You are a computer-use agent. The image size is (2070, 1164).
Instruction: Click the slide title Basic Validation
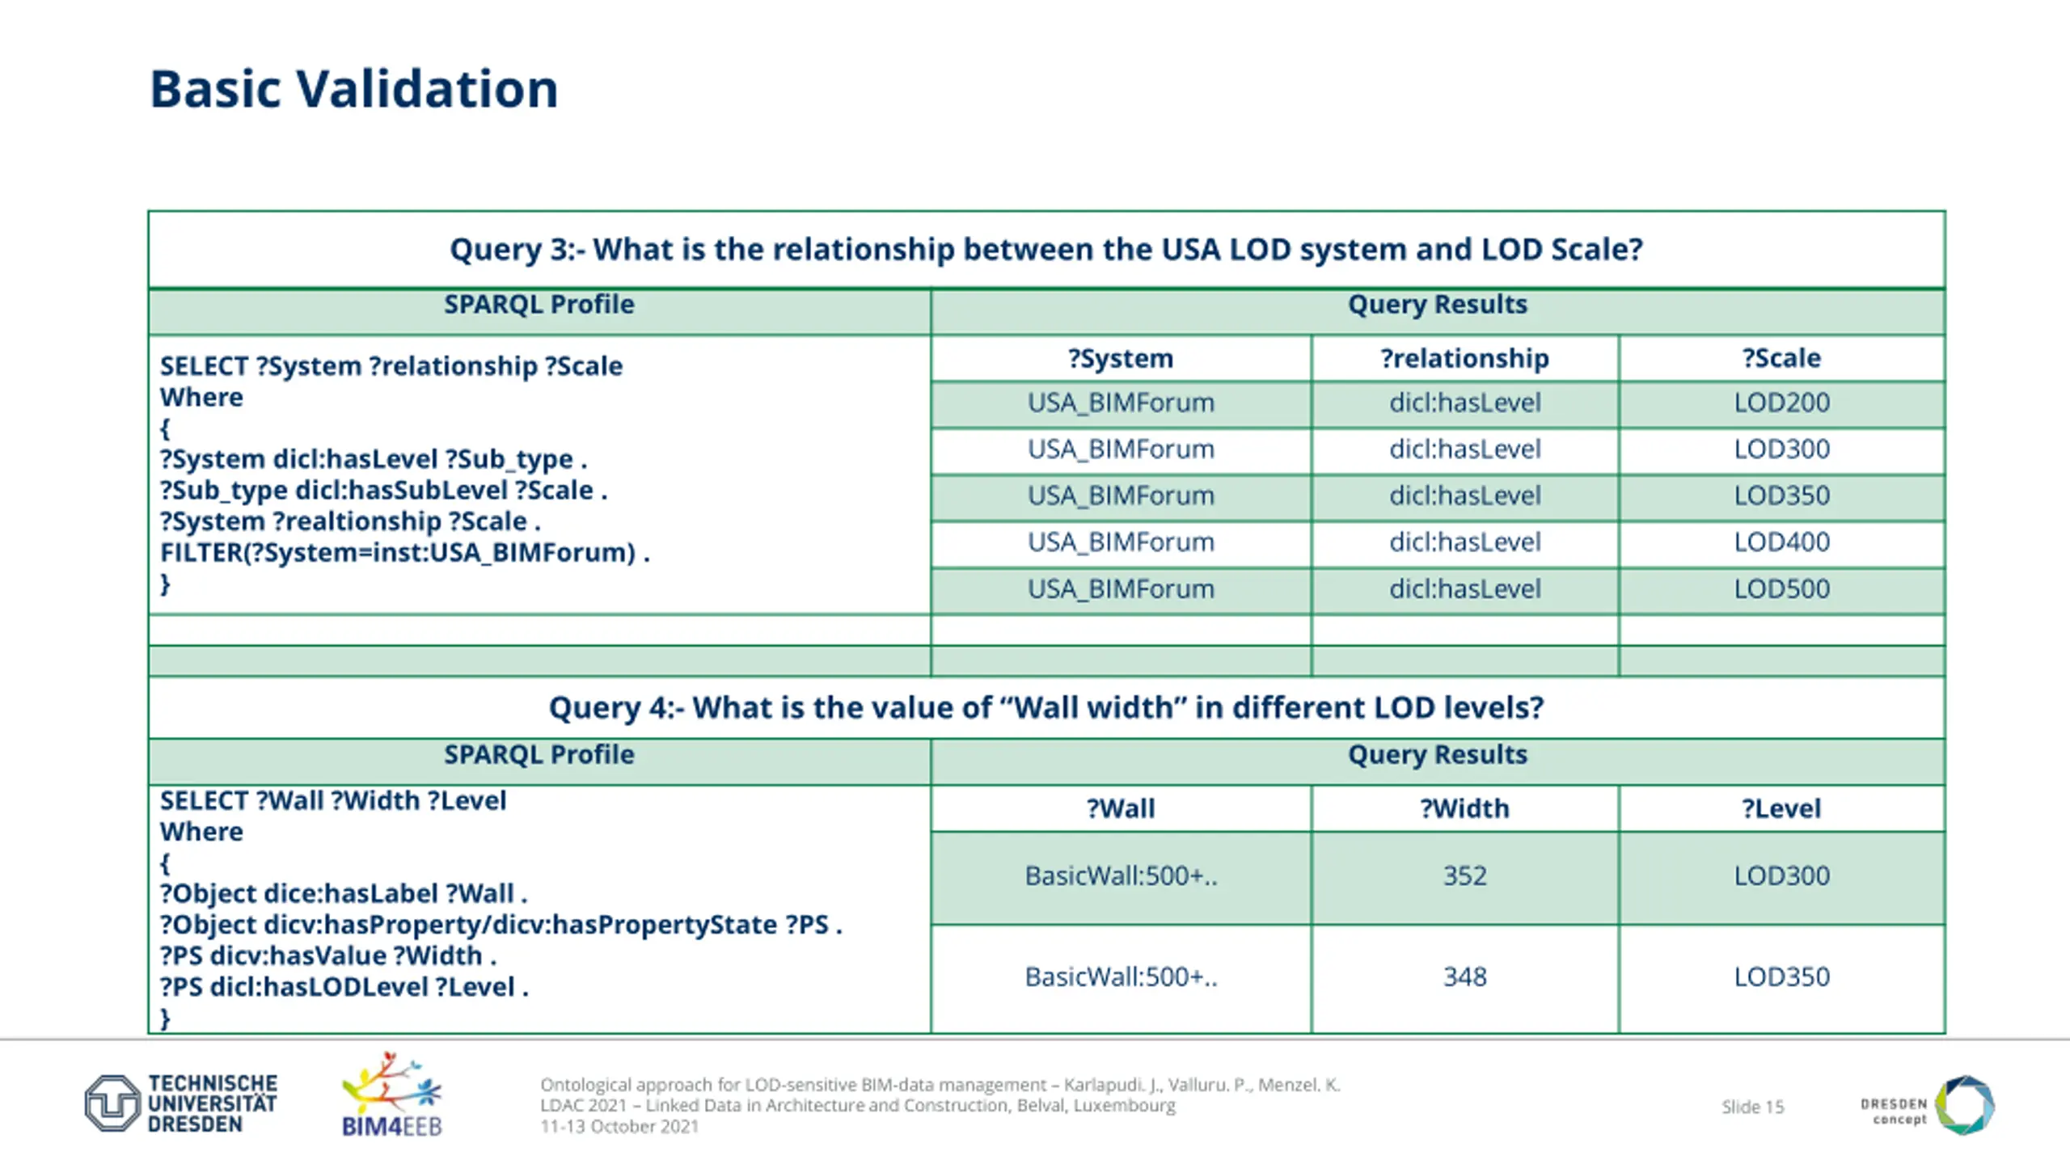click(x=353, y=88)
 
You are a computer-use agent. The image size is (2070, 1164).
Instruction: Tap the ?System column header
click(x=1120, y=358)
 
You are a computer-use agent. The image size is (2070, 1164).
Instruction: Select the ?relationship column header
click(x=1464, y=358)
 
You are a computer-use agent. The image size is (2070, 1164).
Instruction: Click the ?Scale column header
click(x=1781, y=358)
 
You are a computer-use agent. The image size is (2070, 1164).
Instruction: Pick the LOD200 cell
click(x=1781, y=403)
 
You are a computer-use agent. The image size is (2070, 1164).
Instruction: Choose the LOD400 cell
click(x=1781, y=542)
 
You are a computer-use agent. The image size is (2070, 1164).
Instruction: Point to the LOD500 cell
click(x=1781, y=588)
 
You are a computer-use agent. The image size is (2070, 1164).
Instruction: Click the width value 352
click(x=1464, y=875)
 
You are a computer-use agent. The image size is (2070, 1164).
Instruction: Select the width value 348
click(x=1464, y=976)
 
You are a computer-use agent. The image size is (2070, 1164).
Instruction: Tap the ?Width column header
click(x=1464, y=808)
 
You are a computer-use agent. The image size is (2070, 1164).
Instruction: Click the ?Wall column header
click(x=1120, y=808)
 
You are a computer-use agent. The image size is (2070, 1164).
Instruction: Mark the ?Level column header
click(x=1781, y=808)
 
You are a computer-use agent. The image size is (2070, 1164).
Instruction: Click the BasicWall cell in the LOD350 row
click(x=1120, y=976)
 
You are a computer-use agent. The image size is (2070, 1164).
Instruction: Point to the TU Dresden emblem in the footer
click(x=112, y=1103)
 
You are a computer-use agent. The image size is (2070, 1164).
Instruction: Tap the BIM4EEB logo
click(x=391, y=1094)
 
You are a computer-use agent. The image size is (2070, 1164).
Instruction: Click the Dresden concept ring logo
click(x=1965, y=1104)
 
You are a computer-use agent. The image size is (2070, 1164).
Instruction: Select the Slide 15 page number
click(x=1752, y=1107)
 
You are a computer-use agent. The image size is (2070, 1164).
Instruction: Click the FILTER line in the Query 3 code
click(x=404, y=553)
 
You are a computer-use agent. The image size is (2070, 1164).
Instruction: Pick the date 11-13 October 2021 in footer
click(x=619, y=1126)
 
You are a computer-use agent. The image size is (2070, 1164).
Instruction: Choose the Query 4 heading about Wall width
click(x=1046, y=707)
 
